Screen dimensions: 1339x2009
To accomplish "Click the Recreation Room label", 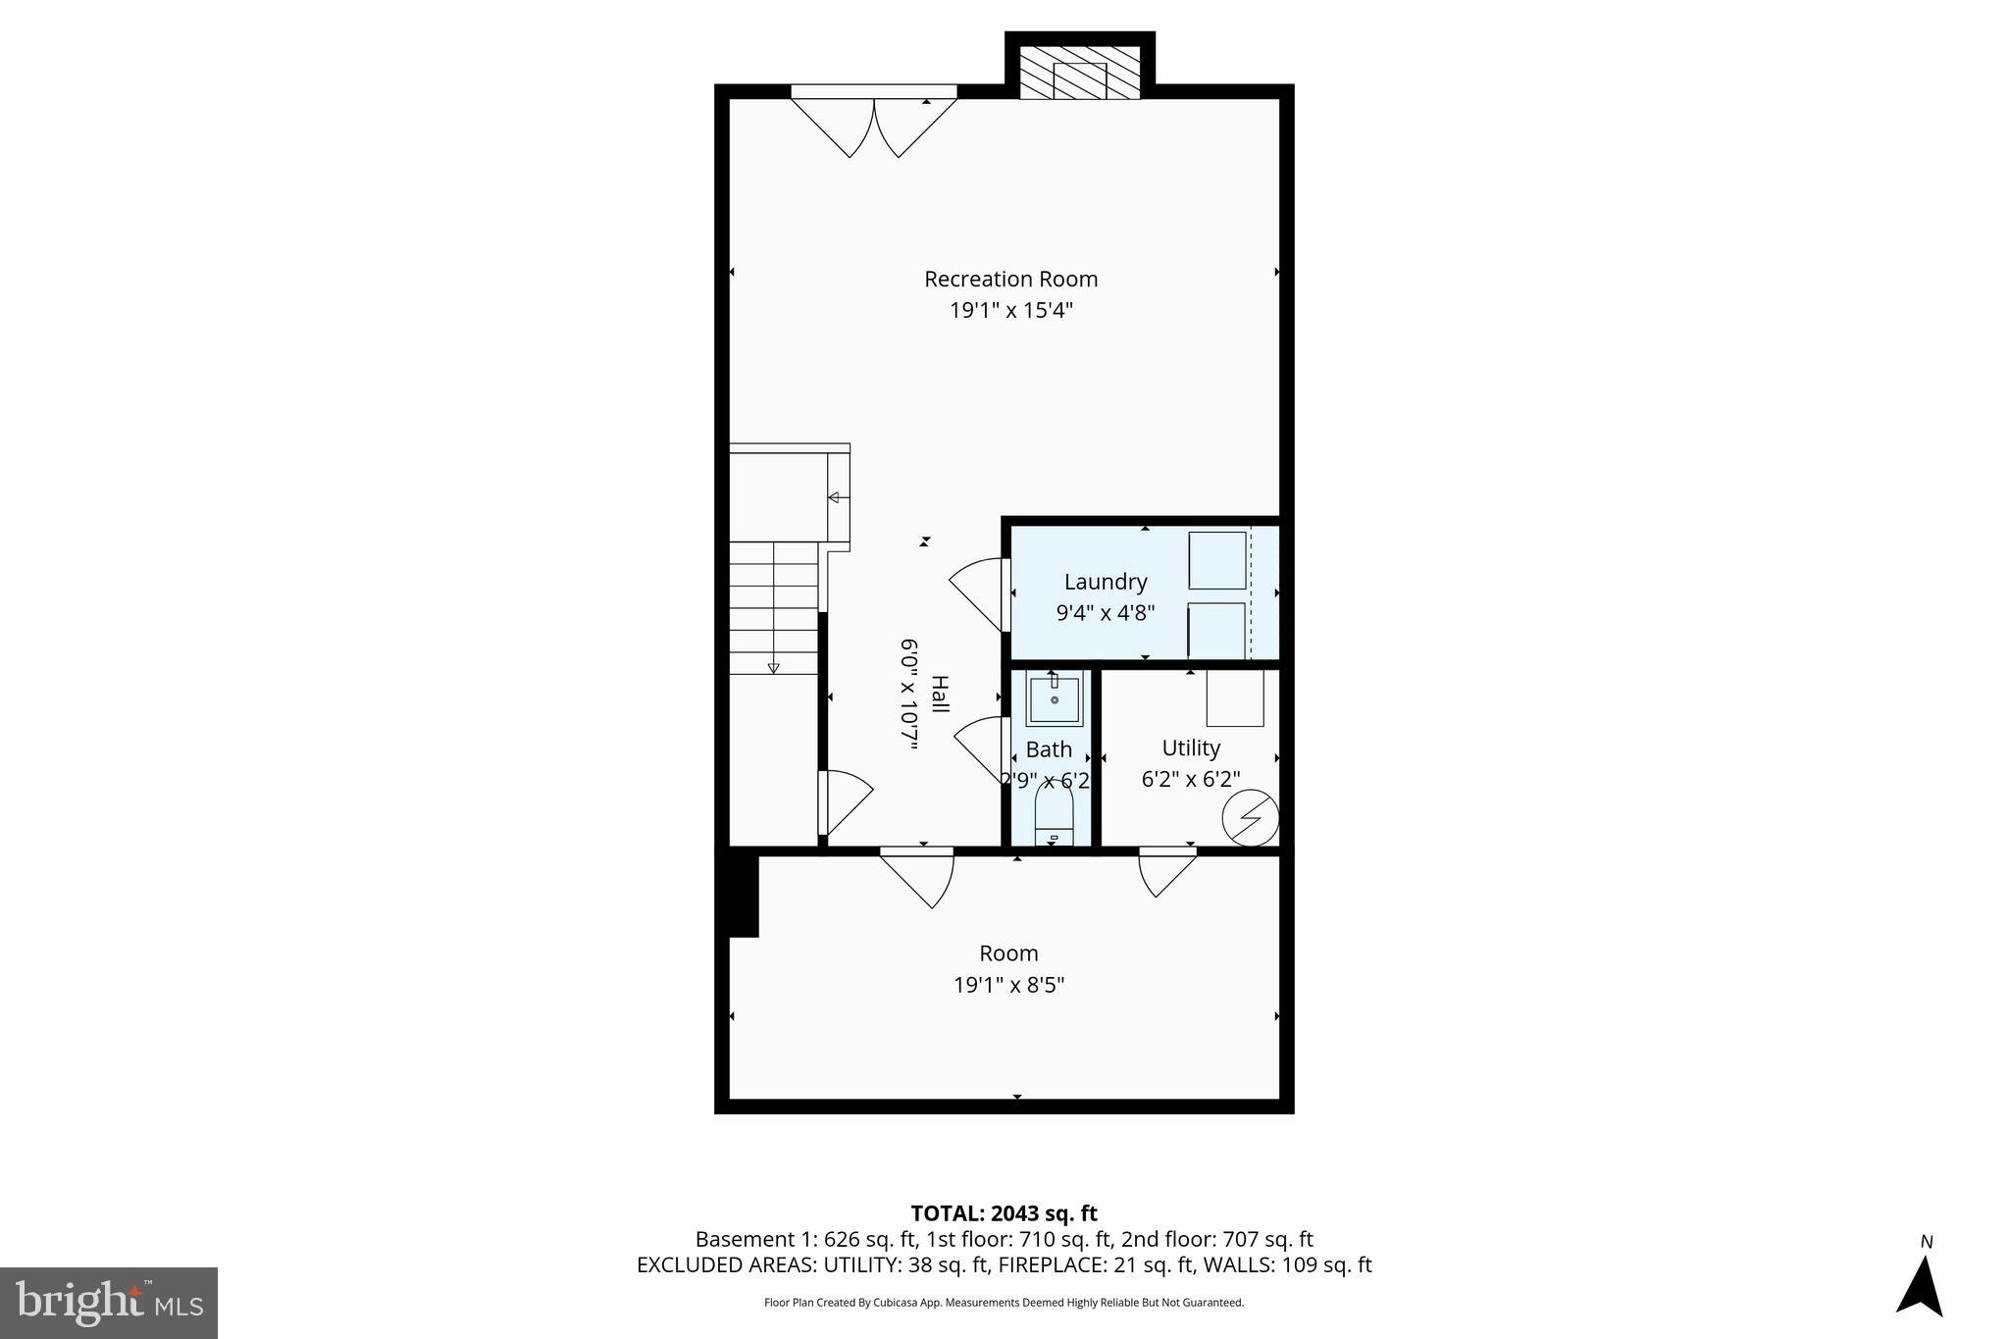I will tap(1010, 279).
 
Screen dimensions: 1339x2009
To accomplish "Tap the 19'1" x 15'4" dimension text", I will tap(1010, 311).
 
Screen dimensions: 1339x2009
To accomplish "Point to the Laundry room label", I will tap(1105, 582).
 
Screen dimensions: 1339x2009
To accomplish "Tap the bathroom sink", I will tap(1055, 700).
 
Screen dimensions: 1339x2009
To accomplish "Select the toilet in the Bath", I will tap(1055, 816).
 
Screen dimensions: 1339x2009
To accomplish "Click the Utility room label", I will tap(1191, 747).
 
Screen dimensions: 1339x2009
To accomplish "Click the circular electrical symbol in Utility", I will tap(1251, 817).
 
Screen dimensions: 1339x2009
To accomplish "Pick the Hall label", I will tap(939, 695).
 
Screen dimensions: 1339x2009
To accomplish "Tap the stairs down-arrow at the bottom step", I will tap(773, 667).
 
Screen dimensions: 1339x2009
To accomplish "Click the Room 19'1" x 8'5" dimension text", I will tap(1008, 985).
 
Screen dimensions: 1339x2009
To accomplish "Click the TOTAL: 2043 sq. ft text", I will tap(1004, 1213).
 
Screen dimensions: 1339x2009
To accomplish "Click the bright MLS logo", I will tap(109, 1303).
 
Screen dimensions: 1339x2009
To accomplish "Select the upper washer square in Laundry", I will tap(1217, 560).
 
